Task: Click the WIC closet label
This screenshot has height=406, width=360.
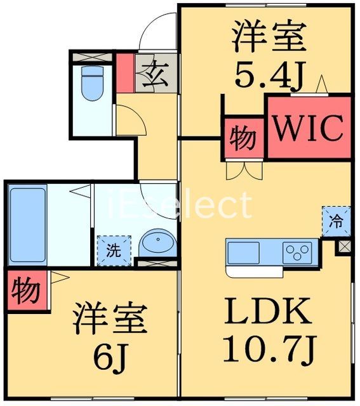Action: [x=308, y=128]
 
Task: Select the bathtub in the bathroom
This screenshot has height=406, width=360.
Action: [x=27, y=225]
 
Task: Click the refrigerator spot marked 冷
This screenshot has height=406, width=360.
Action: [x=335, y=221]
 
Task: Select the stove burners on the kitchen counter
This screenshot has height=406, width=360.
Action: [x=297, y=251]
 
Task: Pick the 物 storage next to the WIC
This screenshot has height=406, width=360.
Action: [x=241, y=138]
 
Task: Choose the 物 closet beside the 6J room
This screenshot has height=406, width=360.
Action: [x=25, y=291]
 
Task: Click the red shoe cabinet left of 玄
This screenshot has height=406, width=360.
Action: [x=125, y=71]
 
